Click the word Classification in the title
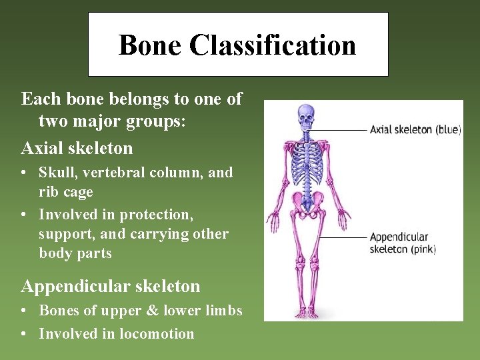click(x=272, y=45)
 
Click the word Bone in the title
click(x=150, y=45)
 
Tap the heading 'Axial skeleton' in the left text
click(x=77, y=148)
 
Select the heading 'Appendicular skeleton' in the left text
click(x=111, y=287)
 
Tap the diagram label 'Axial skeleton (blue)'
click(x=415, y=130)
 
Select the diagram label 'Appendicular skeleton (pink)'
click(x=402, y=243)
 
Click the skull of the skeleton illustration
click(x=306, y=118)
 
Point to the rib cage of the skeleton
click(x=307, y=160)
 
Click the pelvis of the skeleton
click(x=307, y=201)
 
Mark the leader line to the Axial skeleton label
click(x=340, y=129)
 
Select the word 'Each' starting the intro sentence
click(x=37, y=99)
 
